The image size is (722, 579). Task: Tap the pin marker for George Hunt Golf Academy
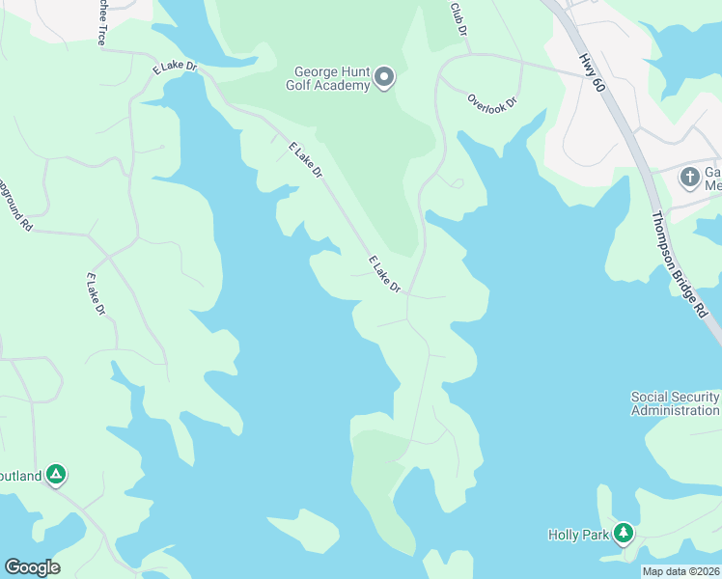coord(384,78)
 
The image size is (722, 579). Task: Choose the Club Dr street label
coord(458,19)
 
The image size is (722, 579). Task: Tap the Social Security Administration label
coord(675,403)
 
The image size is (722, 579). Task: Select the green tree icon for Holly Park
coord(624,532)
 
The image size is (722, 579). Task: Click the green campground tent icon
coord(57,474)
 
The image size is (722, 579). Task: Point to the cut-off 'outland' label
coord(21,476)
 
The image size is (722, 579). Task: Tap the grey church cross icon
coord(689,177)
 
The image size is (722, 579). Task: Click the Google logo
coord(32,567)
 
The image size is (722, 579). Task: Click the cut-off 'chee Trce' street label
coord(100,22)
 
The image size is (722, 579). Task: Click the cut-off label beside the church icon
coord(712,179)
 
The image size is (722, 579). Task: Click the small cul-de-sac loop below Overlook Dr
coord(457,183)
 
